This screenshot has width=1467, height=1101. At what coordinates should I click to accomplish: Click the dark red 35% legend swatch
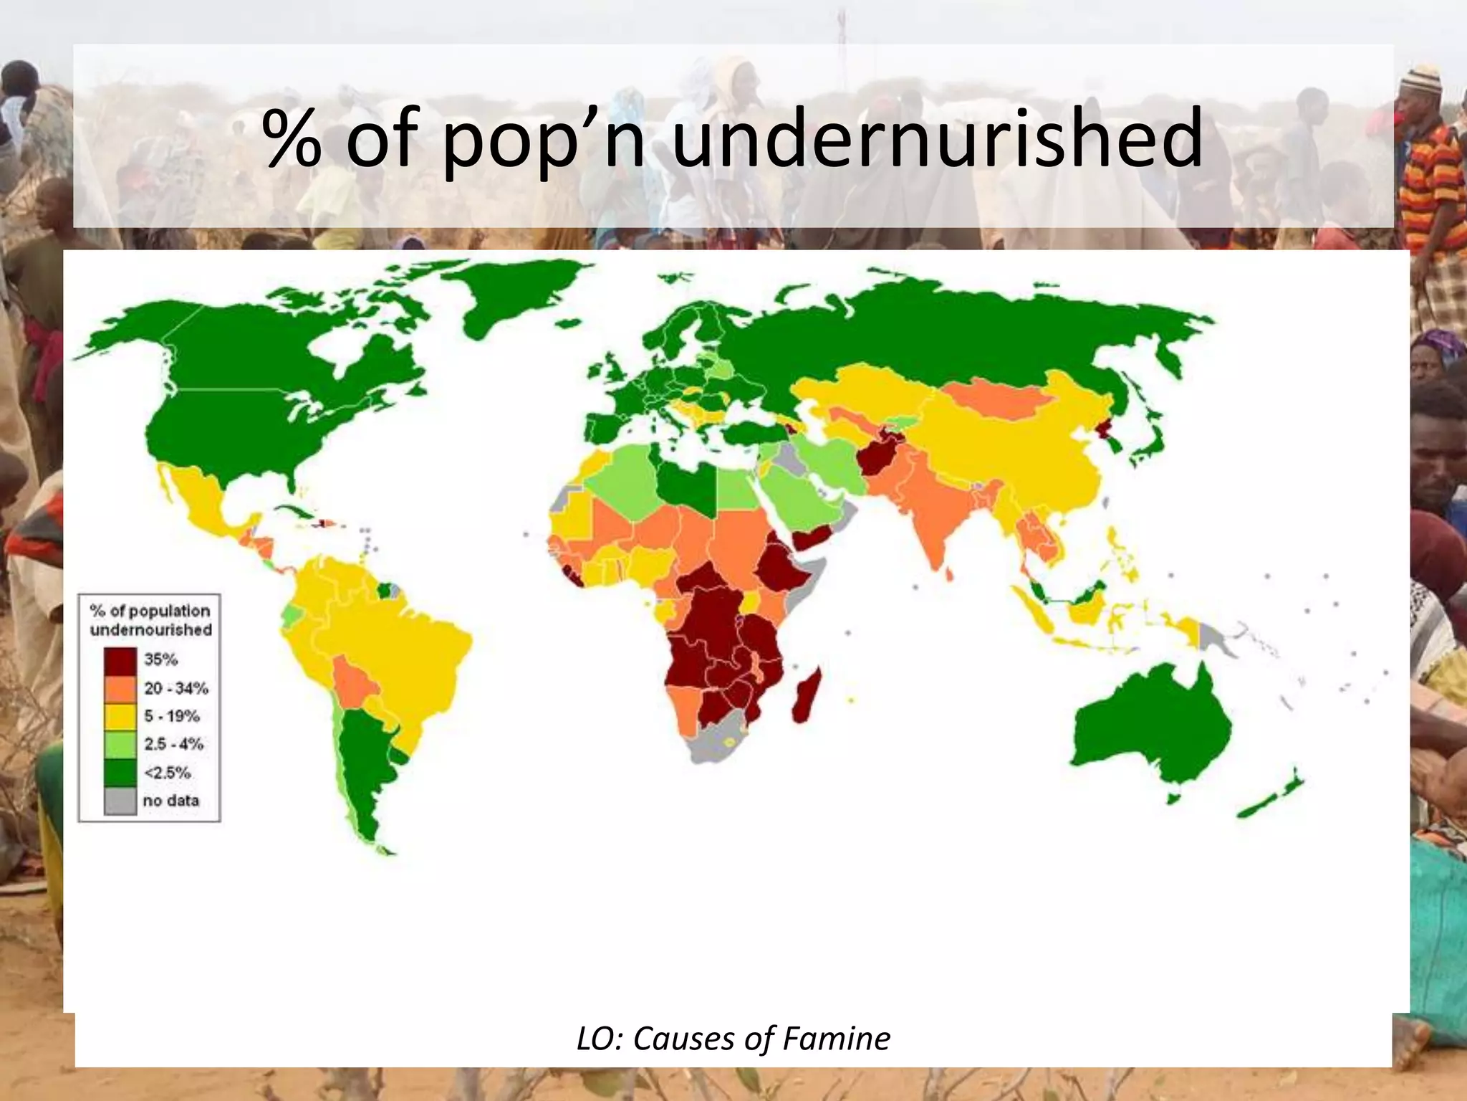click(120, 660)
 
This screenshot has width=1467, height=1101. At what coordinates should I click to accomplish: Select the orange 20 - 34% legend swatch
click(120, 689)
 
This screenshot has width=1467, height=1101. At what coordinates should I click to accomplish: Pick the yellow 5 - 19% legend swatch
click(120, 717)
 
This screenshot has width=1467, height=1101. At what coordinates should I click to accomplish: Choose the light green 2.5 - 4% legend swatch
click(120, 745)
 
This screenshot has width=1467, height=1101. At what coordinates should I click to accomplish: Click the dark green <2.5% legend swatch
click(120, 773)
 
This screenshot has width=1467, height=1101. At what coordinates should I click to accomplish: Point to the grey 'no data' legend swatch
click(120, 801)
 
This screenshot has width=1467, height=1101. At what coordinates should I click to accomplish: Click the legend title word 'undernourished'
click(151, 630)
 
